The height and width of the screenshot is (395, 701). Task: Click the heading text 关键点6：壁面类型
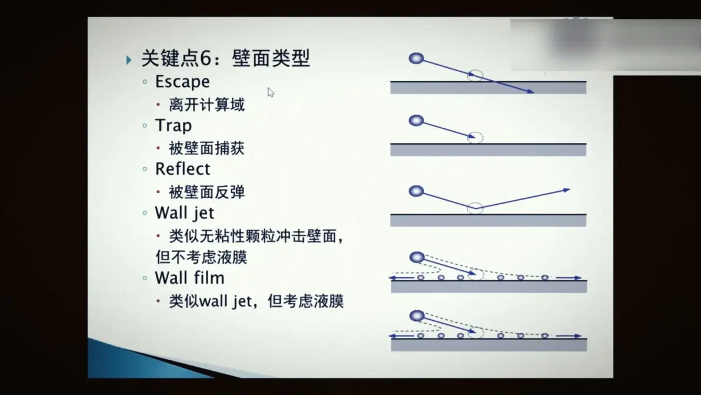click(225, 58)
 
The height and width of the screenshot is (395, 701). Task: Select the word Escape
click(182, 82)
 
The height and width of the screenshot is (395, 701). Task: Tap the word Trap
click(173, 126)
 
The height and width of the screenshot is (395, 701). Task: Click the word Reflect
click(182, 169)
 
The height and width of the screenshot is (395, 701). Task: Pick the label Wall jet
click(185, 213)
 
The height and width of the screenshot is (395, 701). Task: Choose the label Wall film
click(189, 278)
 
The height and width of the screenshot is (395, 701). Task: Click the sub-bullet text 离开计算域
click(206, 105)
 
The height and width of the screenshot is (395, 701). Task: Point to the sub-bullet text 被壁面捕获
click(206, 148)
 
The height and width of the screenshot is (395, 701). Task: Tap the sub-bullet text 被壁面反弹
click(206, 192)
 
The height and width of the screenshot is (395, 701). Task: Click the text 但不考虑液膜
click(201, 257)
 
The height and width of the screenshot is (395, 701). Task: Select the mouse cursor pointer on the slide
click(271, 92)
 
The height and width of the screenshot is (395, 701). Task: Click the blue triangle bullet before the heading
click(129, 59)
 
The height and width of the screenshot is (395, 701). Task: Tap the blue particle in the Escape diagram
click(416, 58)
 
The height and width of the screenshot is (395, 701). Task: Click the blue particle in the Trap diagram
click(416, 120)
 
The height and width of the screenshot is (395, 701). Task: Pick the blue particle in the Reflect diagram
click(416, 191)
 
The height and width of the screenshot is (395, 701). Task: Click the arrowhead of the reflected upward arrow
click(567, 190)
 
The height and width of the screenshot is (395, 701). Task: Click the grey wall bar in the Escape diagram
click(488, 88)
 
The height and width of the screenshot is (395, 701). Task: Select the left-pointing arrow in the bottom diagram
click(402, 336)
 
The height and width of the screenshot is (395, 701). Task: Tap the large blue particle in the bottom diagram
click(417, 316)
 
